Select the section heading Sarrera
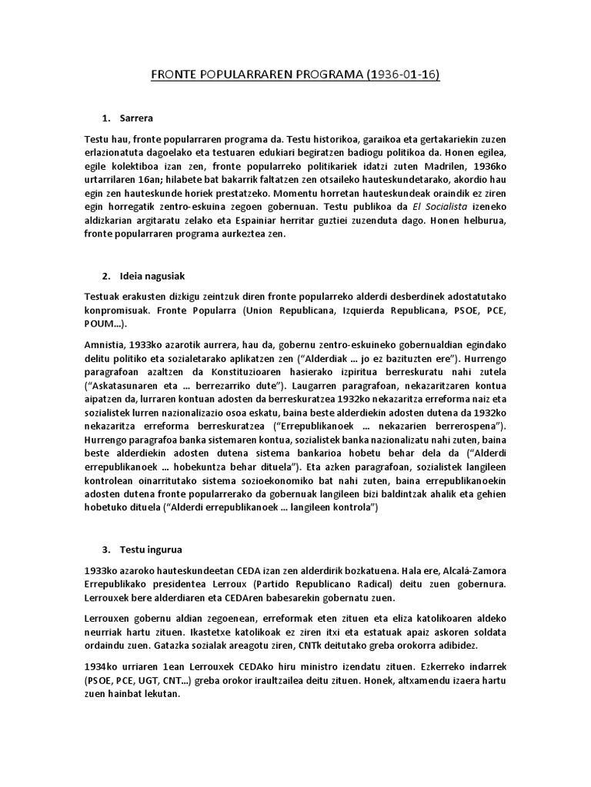coord(137,118)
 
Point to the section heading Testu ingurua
coord(152,550)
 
